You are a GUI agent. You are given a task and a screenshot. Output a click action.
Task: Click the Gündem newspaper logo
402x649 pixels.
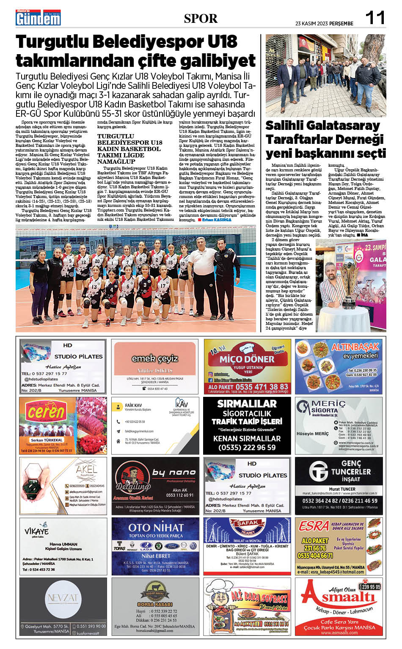click(38, 18)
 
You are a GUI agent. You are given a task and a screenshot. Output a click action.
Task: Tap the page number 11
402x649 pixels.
click(375, 18)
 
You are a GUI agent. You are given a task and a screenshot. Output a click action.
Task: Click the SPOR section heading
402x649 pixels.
click(201, 19)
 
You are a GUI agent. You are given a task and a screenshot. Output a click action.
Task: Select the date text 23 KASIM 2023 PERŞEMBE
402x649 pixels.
click(324, 24)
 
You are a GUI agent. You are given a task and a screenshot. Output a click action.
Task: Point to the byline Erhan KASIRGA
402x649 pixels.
click(217, 220)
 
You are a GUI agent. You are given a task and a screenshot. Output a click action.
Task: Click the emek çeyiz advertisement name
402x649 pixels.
click(154, 359)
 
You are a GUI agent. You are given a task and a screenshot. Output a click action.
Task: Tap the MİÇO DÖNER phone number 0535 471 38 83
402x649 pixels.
click(248, 386)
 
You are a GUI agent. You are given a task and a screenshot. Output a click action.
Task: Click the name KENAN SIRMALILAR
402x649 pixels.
click(247, 439)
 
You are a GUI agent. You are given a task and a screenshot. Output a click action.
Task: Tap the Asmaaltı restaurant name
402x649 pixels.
click(339, 597)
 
